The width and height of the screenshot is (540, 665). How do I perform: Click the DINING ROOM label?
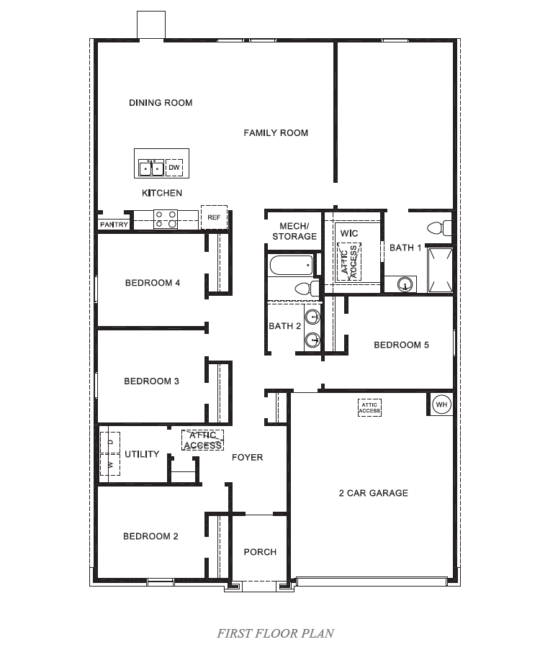161,103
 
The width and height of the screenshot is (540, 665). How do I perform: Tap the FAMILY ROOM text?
276,132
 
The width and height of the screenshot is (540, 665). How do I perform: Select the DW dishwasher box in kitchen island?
174,168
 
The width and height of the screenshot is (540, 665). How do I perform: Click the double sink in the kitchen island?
150,168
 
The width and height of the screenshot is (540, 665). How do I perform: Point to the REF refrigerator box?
214,217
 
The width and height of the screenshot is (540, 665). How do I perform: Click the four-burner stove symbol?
166,219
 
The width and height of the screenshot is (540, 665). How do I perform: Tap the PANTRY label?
114,225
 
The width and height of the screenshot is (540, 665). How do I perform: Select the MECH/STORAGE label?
294,231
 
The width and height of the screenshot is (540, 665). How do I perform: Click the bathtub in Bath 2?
291,266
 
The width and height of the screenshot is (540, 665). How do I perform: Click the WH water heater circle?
441,405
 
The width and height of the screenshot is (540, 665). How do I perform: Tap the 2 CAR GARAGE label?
373,493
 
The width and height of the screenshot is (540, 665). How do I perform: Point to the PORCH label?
260,552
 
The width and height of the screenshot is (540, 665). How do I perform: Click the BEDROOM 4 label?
153,283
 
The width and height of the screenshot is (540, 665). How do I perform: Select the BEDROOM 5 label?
401,345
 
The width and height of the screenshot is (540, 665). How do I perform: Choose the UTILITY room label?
142,454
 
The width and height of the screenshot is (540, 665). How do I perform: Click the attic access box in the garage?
369,407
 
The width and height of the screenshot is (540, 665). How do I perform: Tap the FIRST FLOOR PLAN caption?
276,633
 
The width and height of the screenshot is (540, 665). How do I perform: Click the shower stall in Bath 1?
439,270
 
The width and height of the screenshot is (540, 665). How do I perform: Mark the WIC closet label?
349,234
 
